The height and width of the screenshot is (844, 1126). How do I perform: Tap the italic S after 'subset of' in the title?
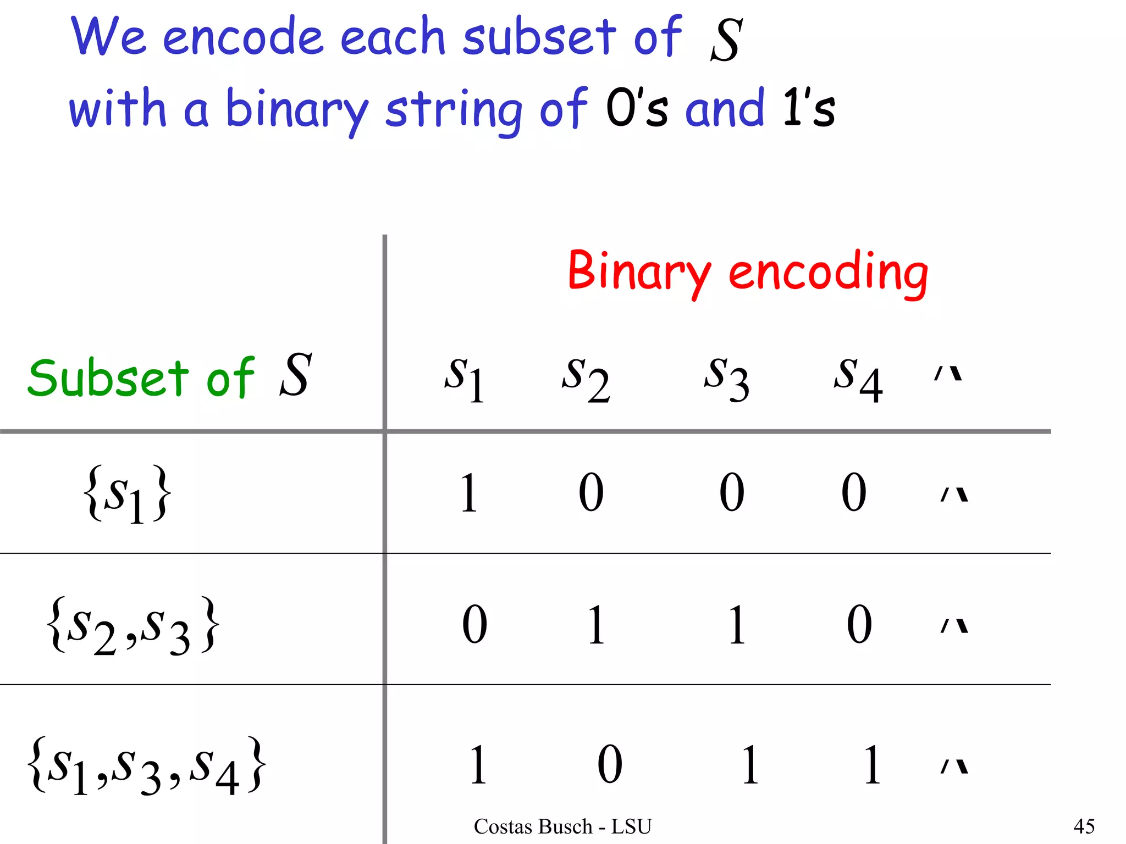(x=726, y=40)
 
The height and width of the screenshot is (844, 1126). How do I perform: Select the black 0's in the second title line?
(x=637, y=108)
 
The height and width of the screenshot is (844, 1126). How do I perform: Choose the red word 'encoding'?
(x=828, y=272)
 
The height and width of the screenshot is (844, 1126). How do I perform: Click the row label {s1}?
(x=127, y=493)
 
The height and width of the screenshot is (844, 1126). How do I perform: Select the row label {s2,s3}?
(x=134, y=625)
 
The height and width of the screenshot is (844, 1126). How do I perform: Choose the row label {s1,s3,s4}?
(x=147, y=765)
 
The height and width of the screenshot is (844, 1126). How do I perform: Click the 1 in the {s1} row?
(x=468, y=492)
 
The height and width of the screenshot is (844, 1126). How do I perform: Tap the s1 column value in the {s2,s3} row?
(x=474, y=624)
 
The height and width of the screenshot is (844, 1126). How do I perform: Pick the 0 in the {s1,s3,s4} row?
(x=610, y=764)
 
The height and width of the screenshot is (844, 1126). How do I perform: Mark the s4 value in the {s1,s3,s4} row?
(x=872, y=764)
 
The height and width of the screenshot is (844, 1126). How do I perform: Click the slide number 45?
(x=1084, y=826)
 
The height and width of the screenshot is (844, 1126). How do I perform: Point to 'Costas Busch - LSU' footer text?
(x=562, y=826)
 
